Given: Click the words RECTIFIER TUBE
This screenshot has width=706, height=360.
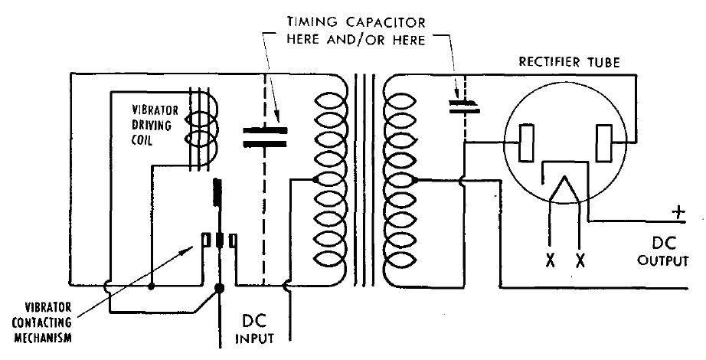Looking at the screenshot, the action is tap(569, 61).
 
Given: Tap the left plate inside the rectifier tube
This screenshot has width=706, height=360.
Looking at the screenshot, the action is tap(526, 142).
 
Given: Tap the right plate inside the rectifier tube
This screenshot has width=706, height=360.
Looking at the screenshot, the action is tap(603, 142).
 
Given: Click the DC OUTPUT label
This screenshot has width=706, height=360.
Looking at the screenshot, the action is tap(663, 251).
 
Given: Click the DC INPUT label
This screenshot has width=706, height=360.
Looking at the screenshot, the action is tap(254, 330).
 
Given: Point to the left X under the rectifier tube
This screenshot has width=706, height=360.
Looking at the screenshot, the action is tap(550, 260).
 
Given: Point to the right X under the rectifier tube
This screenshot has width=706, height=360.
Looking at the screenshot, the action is tap(580, 260).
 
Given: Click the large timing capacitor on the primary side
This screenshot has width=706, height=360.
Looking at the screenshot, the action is tap(265, 137).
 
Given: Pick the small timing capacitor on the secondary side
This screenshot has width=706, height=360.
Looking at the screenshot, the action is tap(464, 106).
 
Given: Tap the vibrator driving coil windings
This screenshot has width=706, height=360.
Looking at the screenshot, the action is tap(201, 129).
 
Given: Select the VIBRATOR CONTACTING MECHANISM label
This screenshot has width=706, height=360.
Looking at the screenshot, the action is tap(42, 322).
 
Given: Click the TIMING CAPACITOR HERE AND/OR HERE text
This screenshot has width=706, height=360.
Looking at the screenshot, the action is tap(356, 31).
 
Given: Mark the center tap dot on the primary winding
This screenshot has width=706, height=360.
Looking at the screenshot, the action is tap(315, 180).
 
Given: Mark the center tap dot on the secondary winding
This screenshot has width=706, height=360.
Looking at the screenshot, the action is tap(415, 180).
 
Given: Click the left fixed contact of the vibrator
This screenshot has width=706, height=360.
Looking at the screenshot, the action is tap(206, 241).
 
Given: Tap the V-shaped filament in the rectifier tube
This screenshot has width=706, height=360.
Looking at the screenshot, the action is tap(564, 189).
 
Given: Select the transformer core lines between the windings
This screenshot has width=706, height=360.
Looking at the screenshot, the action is tap(364, 180).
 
